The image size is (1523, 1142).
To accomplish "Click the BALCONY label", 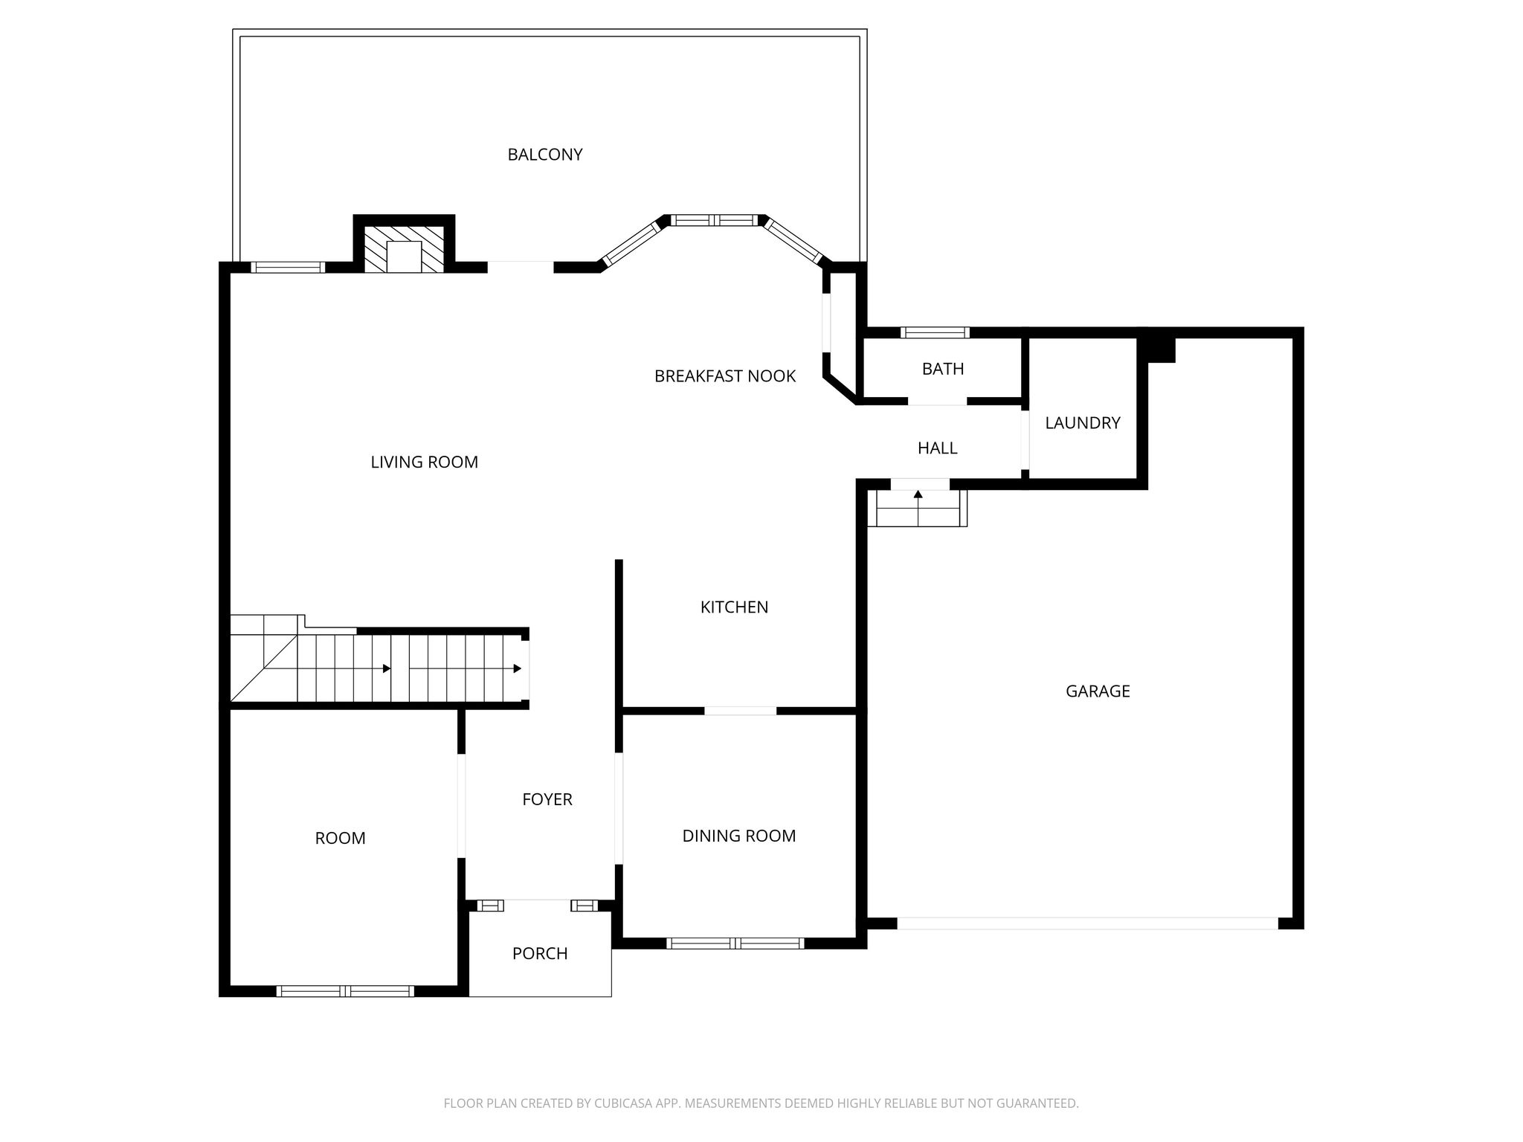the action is click(x=545, y=155).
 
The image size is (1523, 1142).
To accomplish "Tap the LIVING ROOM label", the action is click(x=424, y=462).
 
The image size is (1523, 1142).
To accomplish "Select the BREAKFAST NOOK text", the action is click(x=725, y=376).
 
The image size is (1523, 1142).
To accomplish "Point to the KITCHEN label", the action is click(x=734, y=607).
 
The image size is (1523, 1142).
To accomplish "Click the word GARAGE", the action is click(x=1098, y=691).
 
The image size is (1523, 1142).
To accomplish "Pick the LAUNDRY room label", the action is click(x=1082, y=423).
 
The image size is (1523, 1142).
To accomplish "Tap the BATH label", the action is click(x=943, y=369).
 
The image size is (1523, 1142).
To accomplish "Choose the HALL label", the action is click(x=937, y=448).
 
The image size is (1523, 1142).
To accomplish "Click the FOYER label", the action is click(x=547, y=799).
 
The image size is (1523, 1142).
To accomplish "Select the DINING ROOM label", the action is click(x=739, y=836).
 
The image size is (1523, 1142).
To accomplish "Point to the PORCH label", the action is click(x=540, y=953).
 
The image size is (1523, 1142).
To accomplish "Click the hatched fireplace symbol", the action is click(x=404, y=249).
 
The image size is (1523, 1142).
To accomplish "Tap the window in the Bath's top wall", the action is click(x=935, y=332).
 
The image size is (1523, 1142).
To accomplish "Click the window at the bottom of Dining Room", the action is click(x=735, y=943).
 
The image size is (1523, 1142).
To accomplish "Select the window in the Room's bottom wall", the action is click(x=345, y=991).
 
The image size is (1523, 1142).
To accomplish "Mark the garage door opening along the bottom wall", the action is click(x=1087, y=923).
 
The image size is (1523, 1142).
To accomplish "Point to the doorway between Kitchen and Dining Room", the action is click(x=740, y=711).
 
